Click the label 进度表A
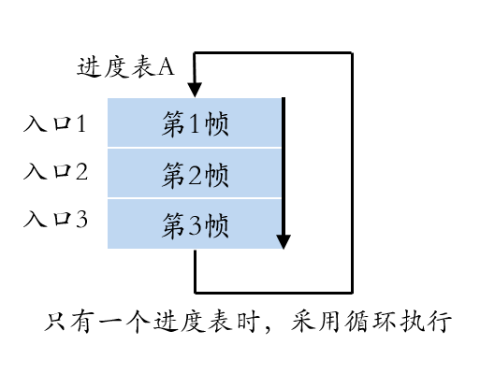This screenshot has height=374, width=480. pyautogui.click(x=124, y=67)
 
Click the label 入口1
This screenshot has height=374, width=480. pyautogui.click(x=55, y=123)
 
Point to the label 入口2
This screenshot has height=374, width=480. pyautogui.click(x=55, y=172)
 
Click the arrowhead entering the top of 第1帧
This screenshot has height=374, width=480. pyautogui.click(x=195, y=90)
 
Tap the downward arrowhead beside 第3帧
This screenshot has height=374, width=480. pyautogui.click(x=283, y=241)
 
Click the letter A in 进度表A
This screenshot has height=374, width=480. pyautogui.click(x=166, y=67)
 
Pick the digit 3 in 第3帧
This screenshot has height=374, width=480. pyautogui.click(x=196, y=224)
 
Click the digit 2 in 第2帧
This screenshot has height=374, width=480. pyautogui.click(x=196, y=174)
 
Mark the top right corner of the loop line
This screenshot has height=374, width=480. pyautogui.click(x=352, y=53)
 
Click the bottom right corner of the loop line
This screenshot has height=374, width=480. pyautogui.click(x=352, y=291)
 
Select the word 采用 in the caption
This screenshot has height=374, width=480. pyautogui.click(x=314, y=324)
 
